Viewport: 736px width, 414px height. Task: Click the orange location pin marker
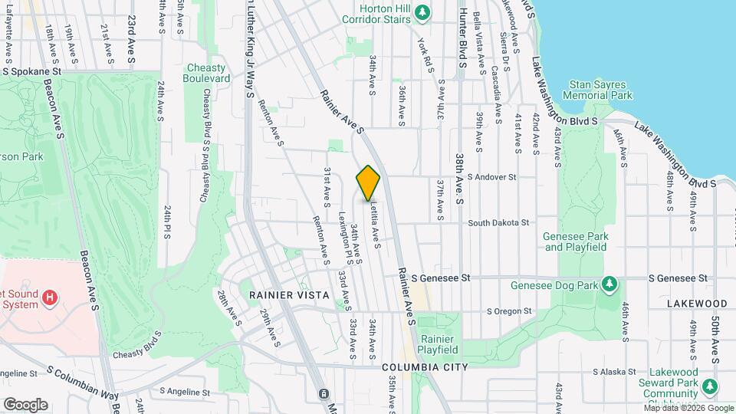[368, 182]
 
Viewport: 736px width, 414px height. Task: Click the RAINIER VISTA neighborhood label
[289, 294]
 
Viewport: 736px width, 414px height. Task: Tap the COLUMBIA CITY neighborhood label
[424, 367]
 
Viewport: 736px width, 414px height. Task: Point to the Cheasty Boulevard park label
[207, 73]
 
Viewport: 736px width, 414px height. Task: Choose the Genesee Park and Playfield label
[574, 242]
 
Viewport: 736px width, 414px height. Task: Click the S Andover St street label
[491, 176]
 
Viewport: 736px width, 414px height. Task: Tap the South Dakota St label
[498, 222]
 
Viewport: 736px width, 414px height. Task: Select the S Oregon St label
[510, 311]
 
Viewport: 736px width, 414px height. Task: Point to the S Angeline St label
[185, 392]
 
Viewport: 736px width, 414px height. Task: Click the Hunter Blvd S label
[462, 38]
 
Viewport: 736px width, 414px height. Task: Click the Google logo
[25, 405]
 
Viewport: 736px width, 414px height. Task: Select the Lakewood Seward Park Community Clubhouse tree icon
[711, 385]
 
